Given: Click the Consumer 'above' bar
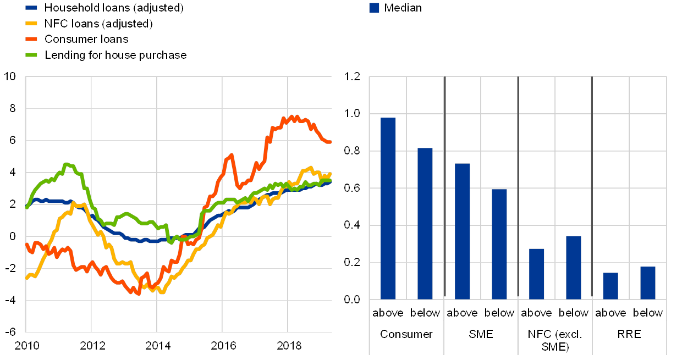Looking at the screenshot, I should pyautogui.click(x=388, y=208).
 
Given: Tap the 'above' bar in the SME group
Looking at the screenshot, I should pyautogui.click(x=463, y=231).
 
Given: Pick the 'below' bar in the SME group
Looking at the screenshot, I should pyautogui.click(x=499, y=244).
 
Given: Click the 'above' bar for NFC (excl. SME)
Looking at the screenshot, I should pyautogui.click(x=536, y=274).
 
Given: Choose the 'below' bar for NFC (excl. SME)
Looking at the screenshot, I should pyautogui.click(x=574, y=267).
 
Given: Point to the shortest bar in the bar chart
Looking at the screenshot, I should pyautogui.click(x=610, y=286).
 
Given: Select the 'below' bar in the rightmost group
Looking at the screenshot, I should pyautogui.click(x=648, y=283).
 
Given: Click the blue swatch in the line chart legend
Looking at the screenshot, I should pyautogui.click(x=32, y=8).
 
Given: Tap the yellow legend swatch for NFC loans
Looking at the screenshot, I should pyautogui.click(x=32, y=24).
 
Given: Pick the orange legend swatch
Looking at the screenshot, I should pyautogui.click(x=32, y=39).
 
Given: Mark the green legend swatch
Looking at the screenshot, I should pyautogui.click(x=32, y=55).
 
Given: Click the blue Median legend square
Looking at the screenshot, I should pyautogui.click(x=374, y=8).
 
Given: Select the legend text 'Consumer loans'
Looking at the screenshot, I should pyautogui.click(x=86, y=39).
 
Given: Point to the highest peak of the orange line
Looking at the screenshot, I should pyautogui.click(x=294, y=117).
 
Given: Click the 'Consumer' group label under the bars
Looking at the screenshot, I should pyautogui.click(x=406, y=334).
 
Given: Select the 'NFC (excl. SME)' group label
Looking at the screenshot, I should pyautogui.click(x=555, y=340).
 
